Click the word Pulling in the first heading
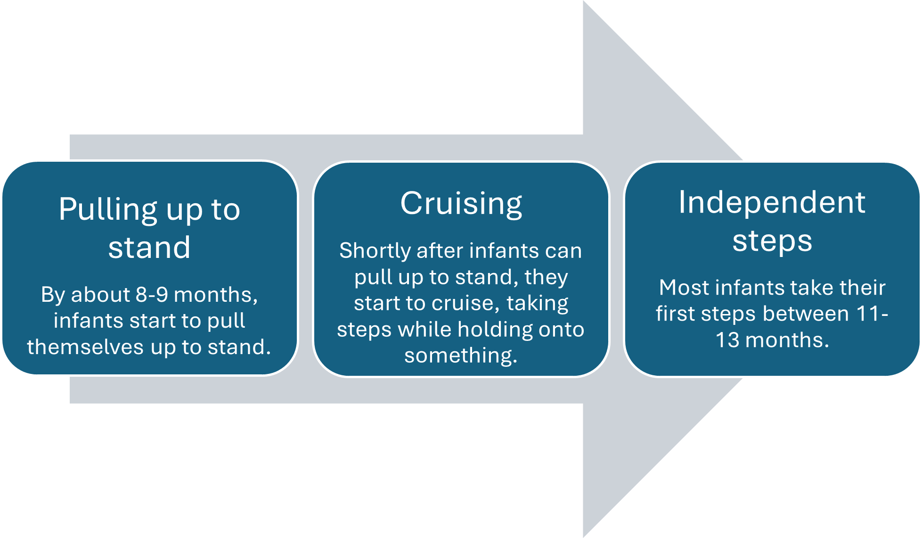click(108, 210)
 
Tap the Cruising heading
click(461, 204)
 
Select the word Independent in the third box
click(772, 202)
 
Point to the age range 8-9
click(152, 295)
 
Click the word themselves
click(85, 347)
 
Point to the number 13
click(727, 340)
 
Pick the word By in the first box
click(53, 295)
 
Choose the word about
click(100, 295)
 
